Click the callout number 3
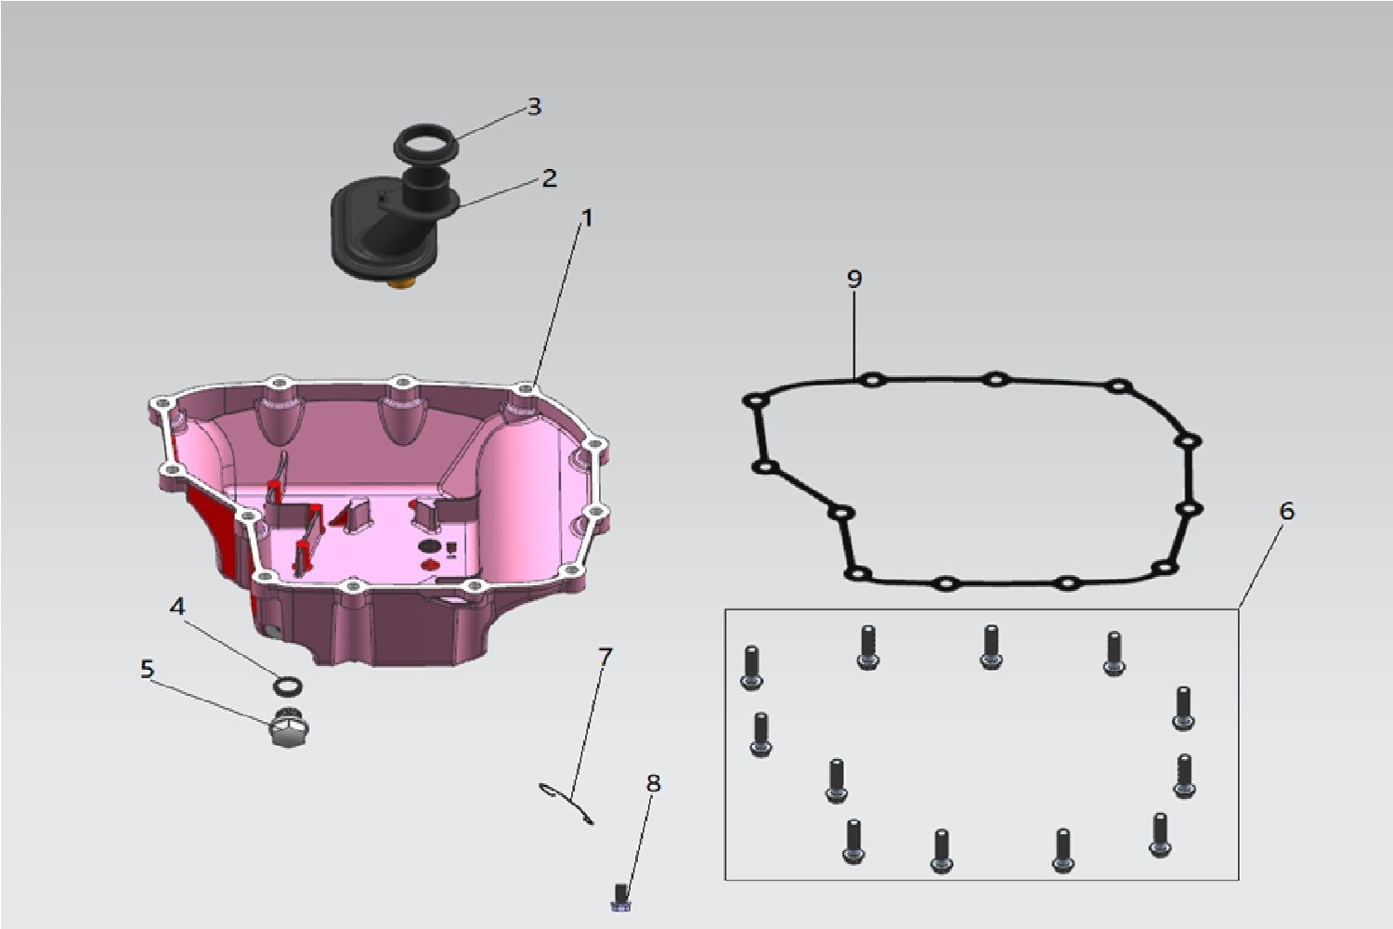pos(534,107)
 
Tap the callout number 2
pos(549,178)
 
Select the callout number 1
pos(586,217)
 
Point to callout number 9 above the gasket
pos(854,279)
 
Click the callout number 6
pos(1286,511)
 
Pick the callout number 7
pos(605,655)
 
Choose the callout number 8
pos(653,783)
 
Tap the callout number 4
pos(178,606)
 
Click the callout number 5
pos(147,669)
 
